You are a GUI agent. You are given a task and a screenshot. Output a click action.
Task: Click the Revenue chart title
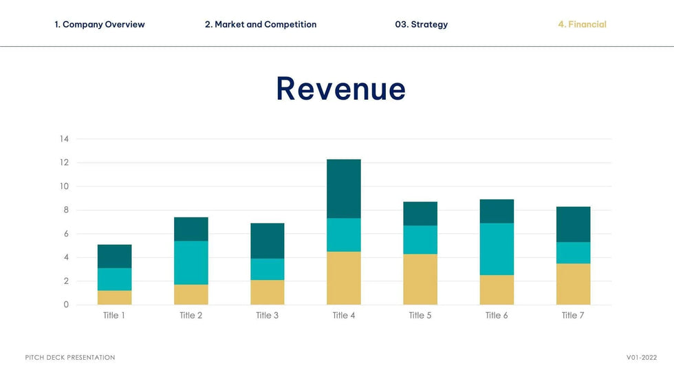tap(340, 89)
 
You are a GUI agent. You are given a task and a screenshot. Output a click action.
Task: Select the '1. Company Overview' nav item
tap(100, 25)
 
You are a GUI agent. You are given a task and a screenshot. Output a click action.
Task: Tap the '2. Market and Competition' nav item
tap(261, 25)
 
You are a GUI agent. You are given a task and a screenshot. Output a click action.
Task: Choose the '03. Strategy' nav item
tap(421, 25)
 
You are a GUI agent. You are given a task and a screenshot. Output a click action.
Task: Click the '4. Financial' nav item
tap(582, 25)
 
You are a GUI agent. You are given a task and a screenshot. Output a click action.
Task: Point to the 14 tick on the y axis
tap(65, 139)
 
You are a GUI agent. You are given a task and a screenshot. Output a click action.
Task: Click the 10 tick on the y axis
tap(65, 186)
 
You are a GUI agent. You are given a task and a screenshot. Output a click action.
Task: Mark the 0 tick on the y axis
tap(67, 305)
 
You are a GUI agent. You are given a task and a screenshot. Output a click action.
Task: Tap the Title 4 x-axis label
tap(344, 316)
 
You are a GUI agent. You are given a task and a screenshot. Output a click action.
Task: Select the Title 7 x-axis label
tap(573, 316)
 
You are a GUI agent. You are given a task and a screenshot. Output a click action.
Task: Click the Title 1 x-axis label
tap(114, 316)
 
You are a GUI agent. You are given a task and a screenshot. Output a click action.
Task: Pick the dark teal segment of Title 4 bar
tap(344, 189)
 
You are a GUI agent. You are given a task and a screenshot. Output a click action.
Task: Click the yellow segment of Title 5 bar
tap(420, 279)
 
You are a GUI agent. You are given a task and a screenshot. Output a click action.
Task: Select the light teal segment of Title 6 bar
tap(497, 249)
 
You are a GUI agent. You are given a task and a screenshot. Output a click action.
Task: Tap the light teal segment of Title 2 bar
tap(191, 263)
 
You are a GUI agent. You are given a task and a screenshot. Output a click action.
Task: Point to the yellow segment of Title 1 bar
tap(114, 297)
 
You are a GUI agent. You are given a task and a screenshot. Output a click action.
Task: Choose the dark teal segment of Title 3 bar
tap(267, 241)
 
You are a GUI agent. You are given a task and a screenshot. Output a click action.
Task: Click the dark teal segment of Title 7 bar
tap(573, 224)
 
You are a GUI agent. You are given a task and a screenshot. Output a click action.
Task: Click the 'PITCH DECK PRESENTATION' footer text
tap(70, 358)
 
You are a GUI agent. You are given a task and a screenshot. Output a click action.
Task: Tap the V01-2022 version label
tap(641, 358)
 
